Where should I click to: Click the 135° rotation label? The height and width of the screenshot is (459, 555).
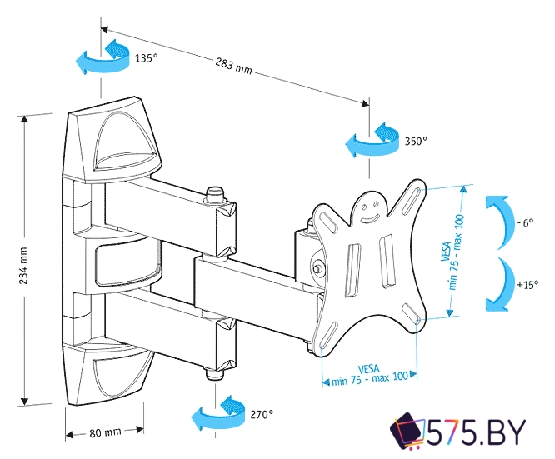click(x=145, y=59)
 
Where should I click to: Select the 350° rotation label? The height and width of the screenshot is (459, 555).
click(x=415, y=142)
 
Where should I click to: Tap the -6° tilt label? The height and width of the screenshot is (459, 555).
click(x=524, y=224)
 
